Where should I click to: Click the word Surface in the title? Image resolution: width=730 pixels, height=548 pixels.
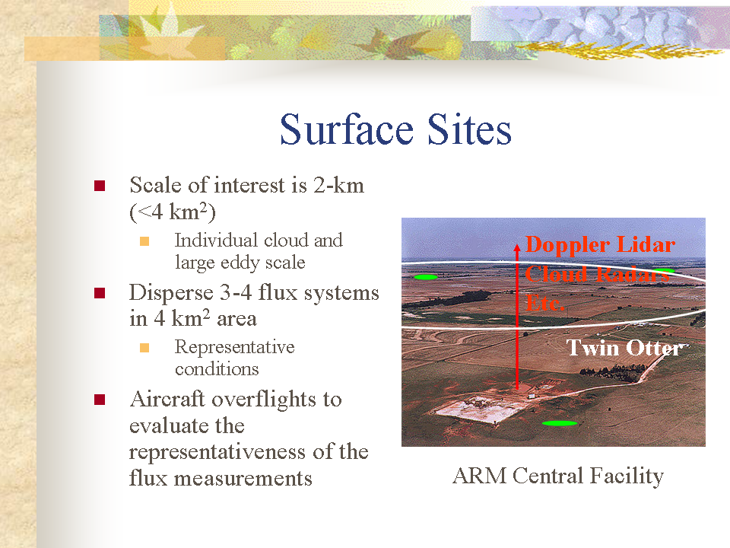click(x=347, y=129)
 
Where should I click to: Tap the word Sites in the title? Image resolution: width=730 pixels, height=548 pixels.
click(x=469, y=129)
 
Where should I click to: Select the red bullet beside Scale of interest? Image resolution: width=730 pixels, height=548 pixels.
click(x=100, y=186)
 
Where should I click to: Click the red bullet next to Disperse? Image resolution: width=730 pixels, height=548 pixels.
click(x=100, y=293)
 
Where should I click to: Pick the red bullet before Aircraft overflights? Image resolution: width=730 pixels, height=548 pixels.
click(x=100, y=400)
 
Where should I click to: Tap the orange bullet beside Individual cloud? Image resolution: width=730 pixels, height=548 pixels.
click(x=144, y=241)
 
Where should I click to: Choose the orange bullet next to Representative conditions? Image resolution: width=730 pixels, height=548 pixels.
click(x=144, y=348)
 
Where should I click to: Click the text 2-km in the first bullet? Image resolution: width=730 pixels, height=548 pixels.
click(x=338, y=185)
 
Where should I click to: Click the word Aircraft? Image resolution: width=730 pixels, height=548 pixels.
click(x=167, y=399)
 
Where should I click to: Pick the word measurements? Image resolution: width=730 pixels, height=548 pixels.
click(x=243, y=479)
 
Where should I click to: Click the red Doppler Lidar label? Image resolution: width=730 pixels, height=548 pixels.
click(x=601, y=244)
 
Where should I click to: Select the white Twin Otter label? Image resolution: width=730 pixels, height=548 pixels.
click(x=625, y=348)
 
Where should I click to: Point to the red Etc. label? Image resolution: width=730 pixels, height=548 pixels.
click(x=545, y=303)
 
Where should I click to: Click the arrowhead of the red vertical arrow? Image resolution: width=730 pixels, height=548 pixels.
click(x=517, y=247)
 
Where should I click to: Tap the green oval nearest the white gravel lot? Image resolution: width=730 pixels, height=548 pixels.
click(x=560, y=423)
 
